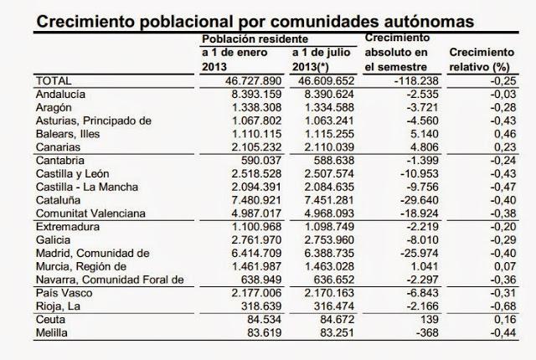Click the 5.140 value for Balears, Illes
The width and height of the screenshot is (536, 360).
(411, 133)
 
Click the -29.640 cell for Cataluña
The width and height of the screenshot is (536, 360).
(407, 200)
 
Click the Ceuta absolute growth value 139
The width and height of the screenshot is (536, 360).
(417, 321)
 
